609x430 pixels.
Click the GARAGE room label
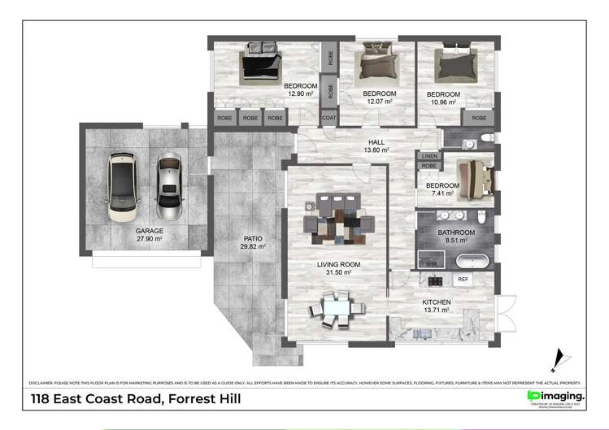click(x=149, y=231)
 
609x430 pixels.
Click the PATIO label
click(x=253, y=238)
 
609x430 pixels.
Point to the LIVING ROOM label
click(x=333, y=264)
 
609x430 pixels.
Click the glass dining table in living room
click(x=334, y=310)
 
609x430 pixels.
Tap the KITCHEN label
click(x=436, y=302)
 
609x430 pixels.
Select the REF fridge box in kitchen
click(x=463, y=279)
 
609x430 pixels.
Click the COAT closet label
click(x=328, y=118)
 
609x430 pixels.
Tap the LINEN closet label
click(x=429, y=156)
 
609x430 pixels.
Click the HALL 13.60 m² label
click(x=376, y=146)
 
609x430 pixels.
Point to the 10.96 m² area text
click(x=443, y=102)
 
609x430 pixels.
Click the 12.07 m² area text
click(x=379, y=102)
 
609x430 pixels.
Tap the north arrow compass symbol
click(x=558, y=358)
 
